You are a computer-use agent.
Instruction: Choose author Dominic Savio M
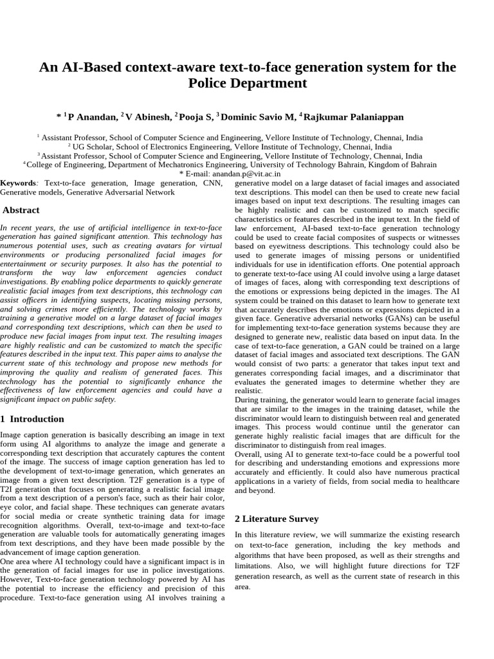pyautogui.click(x=259, y=117)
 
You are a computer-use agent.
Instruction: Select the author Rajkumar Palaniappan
pyautogui.click(x=354, y=117)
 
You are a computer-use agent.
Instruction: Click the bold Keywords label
pyautogui.click(x=17, y=183)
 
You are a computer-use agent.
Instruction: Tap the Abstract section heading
pyautogui.click(x=21, y=210)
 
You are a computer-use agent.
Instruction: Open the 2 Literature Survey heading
pyautogui.click(x=277, y=519)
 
